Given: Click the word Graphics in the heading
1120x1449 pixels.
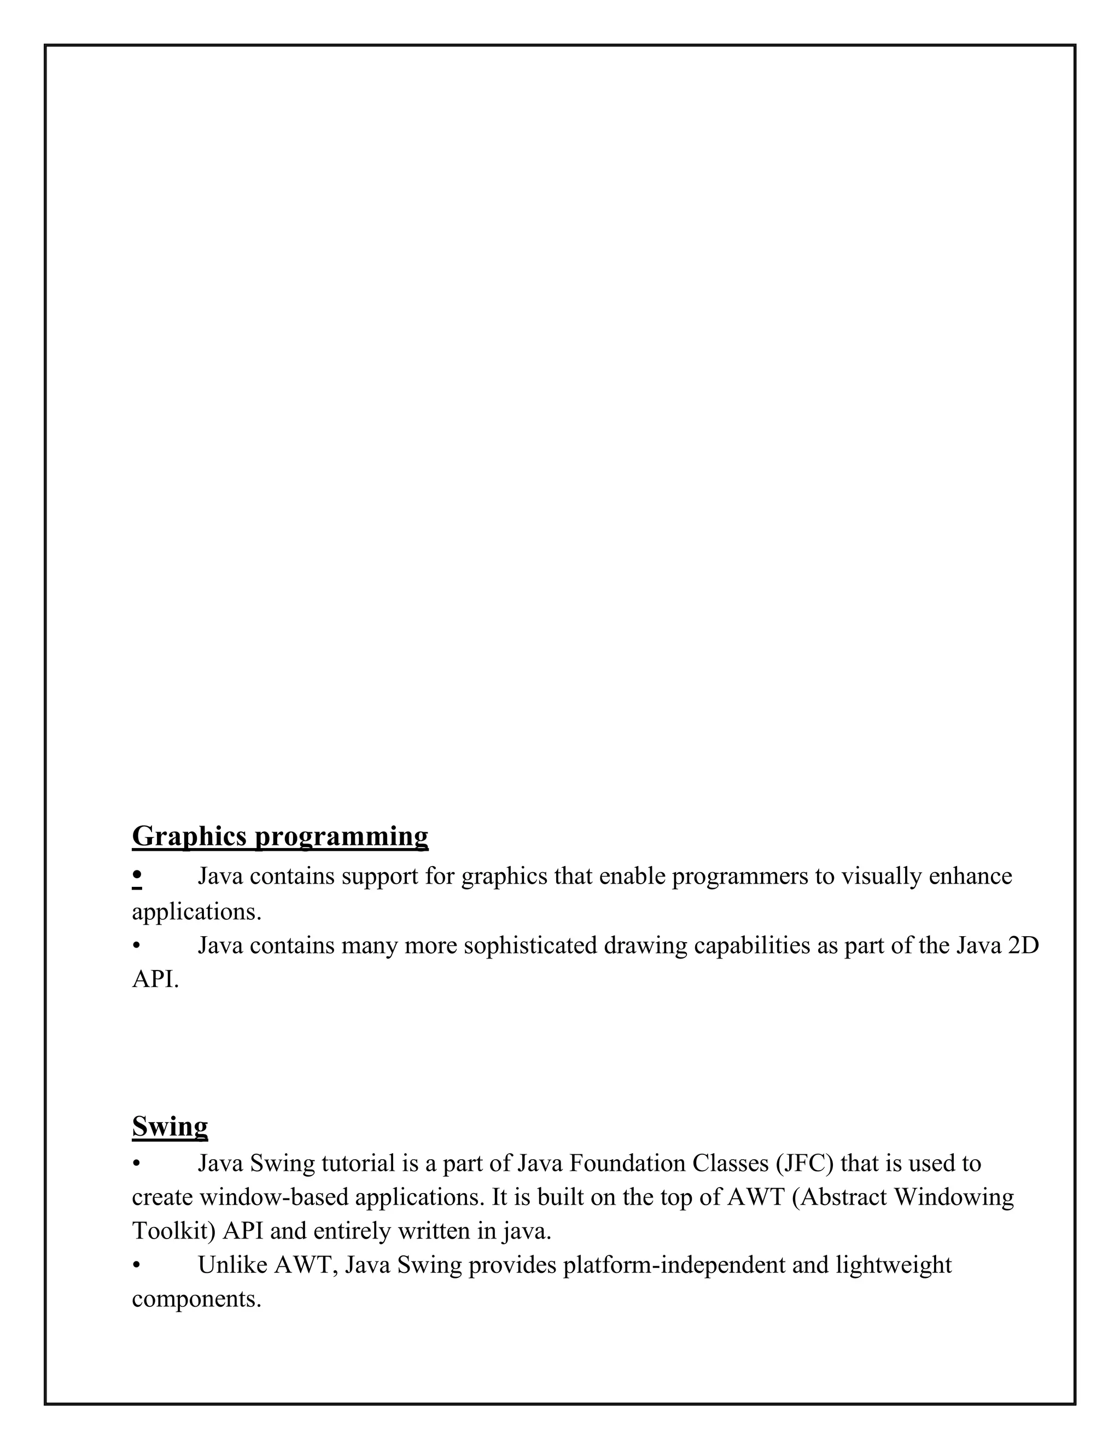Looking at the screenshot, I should point(190,836).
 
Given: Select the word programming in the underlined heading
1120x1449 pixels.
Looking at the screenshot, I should point(342,837).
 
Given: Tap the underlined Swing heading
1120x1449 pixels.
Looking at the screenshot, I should point(170,1126).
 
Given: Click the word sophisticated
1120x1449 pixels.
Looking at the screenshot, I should point(530,945).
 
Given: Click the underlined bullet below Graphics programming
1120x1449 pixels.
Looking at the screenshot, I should point(137,877).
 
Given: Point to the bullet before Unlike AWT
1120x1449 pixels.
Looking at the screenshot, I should point(136,1266).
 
